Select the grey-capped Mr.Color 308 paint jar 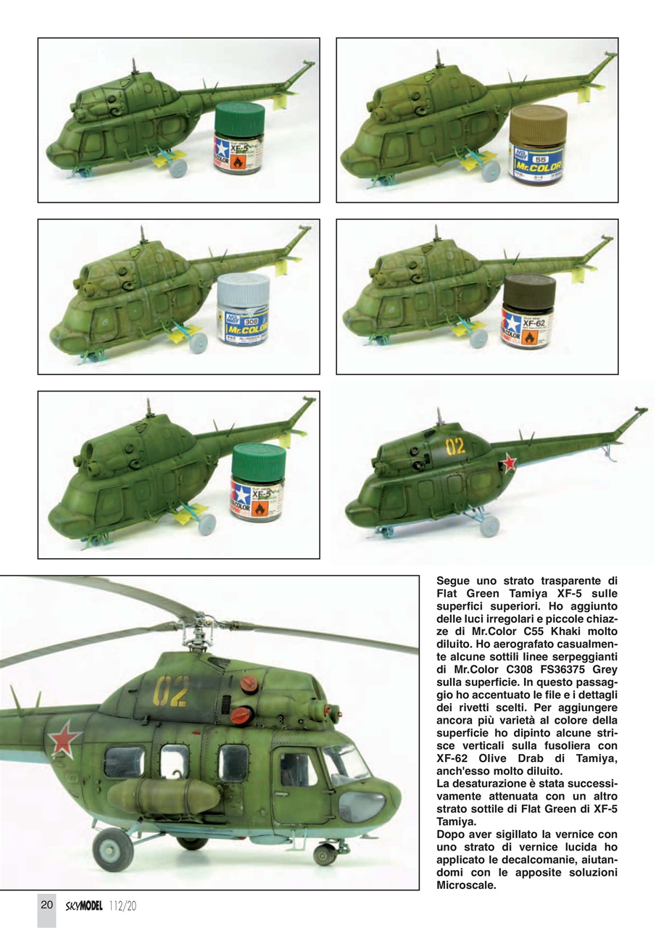pos(243,310)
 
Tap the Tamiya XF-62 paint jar pos(528,312)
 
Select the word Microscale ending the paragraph pos(468,884)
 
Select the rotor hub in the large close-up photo pos(208,623)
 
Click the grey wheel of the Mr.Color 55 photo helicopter pos(491,170)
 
